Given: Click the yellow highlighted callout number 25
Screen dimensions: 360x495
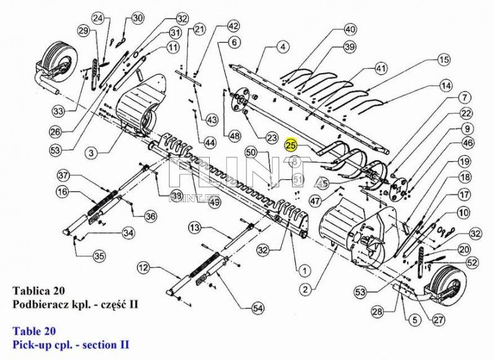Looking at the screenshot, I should point(291,145).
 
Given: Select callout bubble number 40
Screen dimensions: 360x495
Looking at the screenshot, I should point(350,29).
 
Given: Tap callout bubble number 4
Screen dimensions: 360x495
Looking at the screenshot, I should point(282,46).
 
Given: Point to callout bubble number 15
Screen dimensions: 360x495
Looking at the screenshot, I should point(443,60).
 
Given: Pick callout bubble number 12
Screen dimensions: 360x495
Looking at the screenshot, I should point(144,268).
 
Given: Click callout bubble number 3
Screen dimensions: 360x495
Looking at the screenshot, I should point(90,152).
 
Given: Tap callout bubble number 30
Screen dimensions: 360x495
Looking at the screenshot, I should point(137,18).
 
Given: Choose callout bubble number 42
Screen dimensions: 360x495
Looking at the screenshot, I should point(233,26).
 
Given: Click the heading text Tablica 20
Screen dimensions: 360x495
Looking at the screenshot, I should point(35,290).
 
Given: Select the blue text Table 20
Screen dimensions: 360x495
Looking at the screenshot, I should point(35,330).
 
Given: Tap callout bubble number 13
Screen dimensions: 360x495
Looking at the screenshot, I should point(194,229).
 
